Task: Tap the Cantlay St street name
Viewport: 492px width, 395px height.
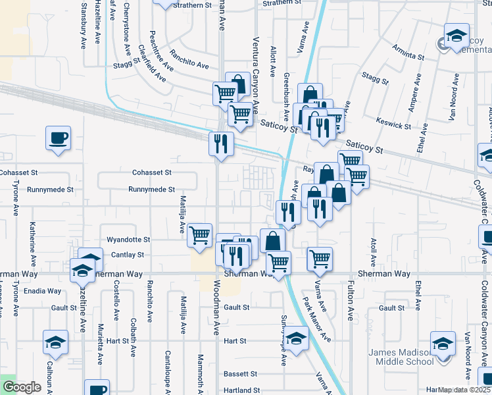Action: click(131, 255)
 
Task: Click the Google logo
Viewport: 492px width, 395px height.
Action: click(22, 387)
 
